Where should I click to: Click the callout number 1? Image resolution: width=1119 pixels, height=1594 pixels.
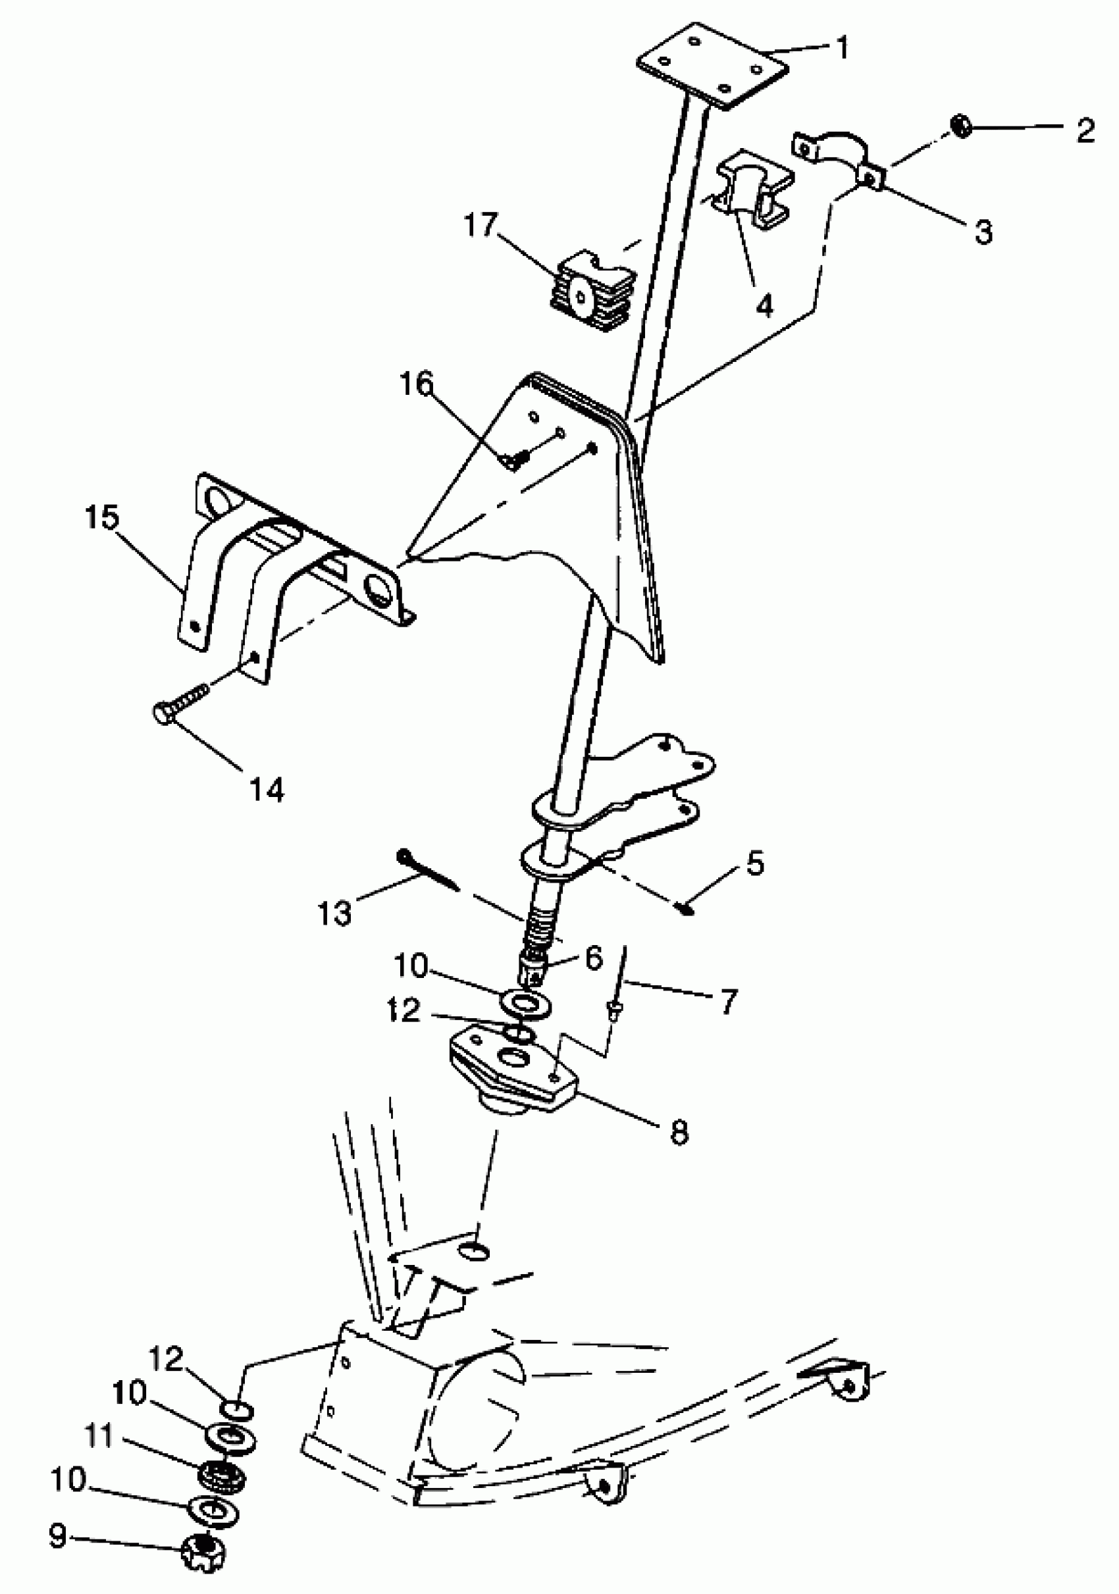click(842, 49)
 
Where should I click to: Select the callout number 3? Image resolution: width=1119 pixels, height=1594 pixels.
click(983, 232)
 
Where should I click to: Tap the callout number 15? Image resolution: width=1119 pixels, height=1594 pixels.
click(102, 517)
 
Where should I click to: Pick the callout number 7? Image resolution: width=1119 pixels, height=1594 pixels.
click(727, 1002)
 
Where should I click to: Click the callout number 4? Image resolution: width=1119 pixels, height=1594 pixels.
click(764, 305)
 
